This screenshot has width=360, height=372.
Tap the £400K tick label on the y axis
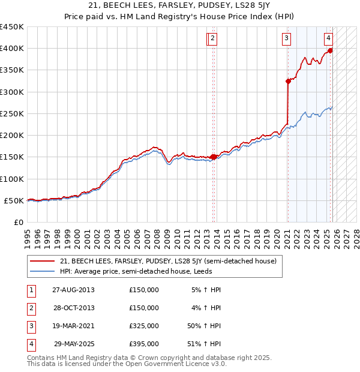(x=11, y=49)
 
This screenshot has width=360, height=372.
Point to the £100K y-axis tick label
(x=11, y=179)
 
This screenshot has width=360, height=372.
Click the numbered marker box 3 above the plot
(x=287, y=38)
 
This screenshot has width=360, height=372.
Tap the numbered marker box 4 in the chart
(x=329, y=38)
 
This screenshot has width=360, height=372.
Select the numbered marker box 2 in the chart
(x=213, y=38)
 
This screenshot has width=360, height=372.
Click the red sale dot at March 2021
(x=288, y=82)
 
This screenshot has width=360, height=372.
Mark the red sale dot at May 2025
(x=330, y=50)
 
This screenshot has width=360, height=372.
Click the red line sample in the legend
(x=42, y=261)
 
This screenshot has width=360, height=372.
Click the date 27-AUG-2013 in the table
(x=73, y=290)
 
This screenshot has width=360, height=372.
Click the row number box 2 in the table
(x=30, y=308)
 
